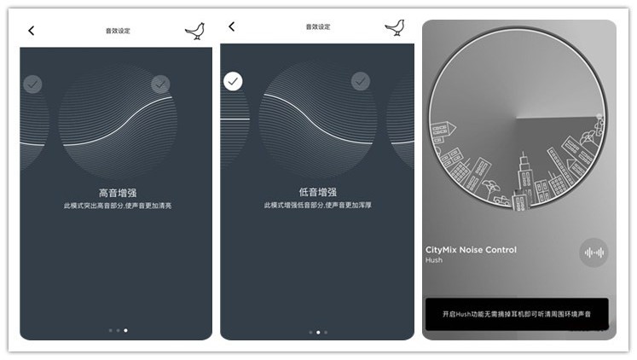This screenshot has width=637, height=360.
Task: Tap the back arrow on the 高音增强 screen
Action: pos(32,31)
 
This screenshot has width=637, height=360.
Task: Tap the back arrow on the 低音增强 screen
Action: pos(231,27)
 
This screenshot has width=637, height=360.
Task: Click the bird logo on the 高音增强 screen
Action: pos(195,32)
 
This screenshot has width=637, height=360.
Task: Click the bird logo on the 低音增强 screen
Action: pos(395,28)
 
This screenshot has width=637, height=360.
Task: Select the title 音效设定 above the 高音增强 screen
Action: pos(118,31)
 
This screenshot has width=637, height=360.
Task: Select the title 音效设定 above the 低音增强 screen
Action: pos(317,27)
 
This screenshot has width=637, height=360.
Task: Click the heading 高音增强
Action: pos(118,193)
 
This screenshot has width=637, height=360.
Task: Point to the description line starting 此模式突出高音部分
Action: pos(118,206)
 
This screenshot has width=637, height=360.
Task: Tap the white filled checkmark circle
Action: pos(234,81)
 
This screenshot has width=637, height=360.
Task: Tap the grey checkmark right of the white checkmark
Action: pos(361,81)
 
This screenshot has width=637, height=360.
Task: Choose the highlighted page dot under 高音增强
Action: pos(126,329)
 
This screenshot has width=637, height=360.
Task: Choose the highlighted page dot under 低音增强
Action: pos(318,332)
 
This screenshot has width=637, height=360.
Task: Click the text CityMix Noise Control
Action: pos(471,250)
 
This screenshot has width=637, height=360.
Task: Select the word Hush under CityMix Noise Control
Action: pos(434,260)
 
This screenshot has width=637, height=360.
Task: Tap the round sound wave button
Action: pos(594,253)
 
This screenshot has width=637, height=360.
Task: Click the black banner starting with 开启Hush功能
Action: pos(517,314)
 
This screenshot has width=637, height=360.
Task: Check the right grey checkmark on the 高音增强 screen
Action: pos(160,84)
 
